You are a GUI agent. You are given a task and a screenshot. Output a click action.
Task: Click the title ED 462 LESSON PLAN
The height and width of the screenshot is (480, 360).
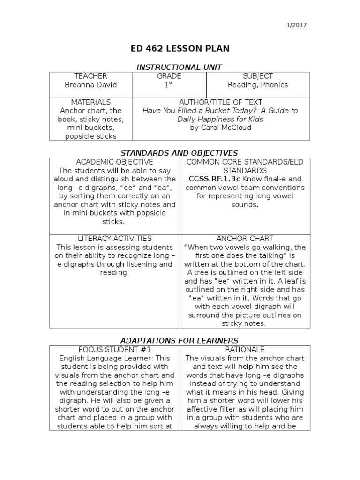180,49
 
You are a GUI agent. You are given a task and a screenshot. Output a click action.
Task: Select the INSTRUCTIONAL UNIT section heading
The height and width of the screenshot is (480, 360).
180,67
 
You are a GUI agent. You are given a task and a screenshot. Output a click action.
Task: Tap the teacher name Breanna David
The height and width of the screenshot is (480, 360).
91,85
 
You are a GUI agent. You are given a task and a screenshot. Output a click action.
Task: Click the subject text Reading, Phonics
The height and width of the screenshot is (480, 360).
258,85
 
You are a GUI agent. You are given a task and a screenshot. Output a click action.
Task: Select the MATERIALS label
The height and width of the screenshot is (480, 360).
91,102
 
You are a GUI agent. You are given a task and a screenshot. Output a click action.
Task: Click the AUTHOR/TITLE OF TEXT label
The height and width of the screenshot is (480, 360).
221,102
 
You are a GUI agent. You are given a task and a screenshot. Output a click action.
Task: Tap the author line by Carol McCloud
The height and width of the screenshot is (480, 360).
221,127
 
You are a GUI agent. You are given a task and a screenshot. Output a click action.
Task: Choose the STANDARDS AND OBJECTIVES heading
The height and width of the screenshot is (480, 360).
180,153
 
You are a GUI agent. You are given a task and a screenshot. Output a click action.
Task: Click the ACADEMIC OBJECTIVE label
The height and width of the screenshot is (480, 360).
115,162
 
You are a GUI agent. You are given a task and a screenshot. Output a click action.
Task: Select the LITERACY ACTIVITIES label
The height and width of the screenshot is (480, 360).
115,239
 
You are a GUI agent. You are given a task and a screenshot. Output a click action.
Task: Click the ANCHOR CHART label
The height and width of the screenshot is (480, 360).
244,239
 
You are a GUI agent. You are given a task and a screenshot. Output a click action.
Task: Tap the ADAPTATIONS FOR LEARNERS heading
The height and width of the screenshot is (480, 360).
180,340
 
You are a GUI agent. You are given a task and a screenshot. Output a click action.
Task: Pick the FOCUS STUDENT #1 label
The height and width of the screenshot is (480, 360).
115,349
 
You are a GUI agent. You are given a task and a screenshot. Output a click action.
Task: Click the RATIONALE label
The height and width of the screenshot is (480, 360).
244,349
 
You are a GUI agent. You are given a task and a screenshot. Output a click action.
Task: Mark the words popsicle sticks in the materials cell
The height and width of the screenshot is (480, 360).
91,136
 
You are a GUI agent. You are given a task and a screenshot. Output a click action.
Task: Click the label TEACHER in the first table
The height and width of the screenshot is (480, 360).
91,76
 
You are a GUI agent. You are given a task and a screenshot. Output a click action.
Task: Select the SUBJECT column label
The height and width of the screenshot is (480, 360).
258,76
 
